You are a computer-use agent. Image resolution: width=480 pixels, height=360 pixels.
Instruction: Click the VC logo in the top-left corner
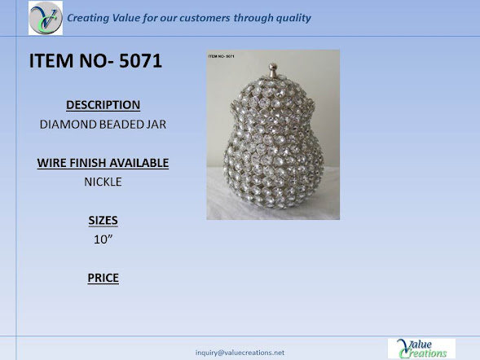46,18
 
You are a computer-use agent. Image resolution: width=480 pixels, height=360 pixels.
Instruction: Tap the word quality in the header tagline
293,19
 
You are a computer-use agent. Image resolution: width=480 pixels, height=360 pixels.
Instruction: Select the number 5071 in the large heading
140,60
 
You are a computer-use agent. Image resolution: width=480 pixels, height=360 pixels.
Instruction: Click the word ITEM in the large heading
51,60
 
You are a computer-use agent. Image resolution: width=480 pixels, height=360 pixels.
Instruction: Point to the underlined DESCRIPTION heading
103,105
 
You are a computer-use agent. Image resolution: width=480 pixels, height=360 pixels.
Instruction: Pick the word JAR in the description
156,124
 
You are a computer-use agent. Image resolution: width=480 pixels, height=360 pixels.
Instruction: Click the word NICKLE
103,182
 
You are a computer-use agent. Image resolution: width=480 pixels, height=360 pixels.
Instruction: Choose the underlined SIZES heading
103,220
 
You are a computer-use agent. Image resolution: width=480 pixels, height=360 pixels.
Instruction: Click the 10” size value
103,239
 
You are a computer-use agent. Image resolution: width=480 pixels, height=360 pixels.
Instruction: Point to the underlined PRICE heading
103,278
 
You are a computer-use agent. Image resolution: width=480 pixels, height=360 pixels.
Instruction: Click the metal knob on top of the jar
273,70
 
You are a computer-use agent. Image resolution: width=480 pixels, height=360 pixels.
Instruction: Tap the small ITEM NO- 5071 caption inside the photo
222,56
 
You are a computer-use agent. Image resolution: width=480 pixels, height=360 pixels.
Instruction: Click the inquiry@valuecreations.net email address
240,353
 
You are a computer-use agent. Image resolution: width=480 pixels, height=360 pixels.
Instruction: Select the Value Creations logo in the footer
421,349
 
